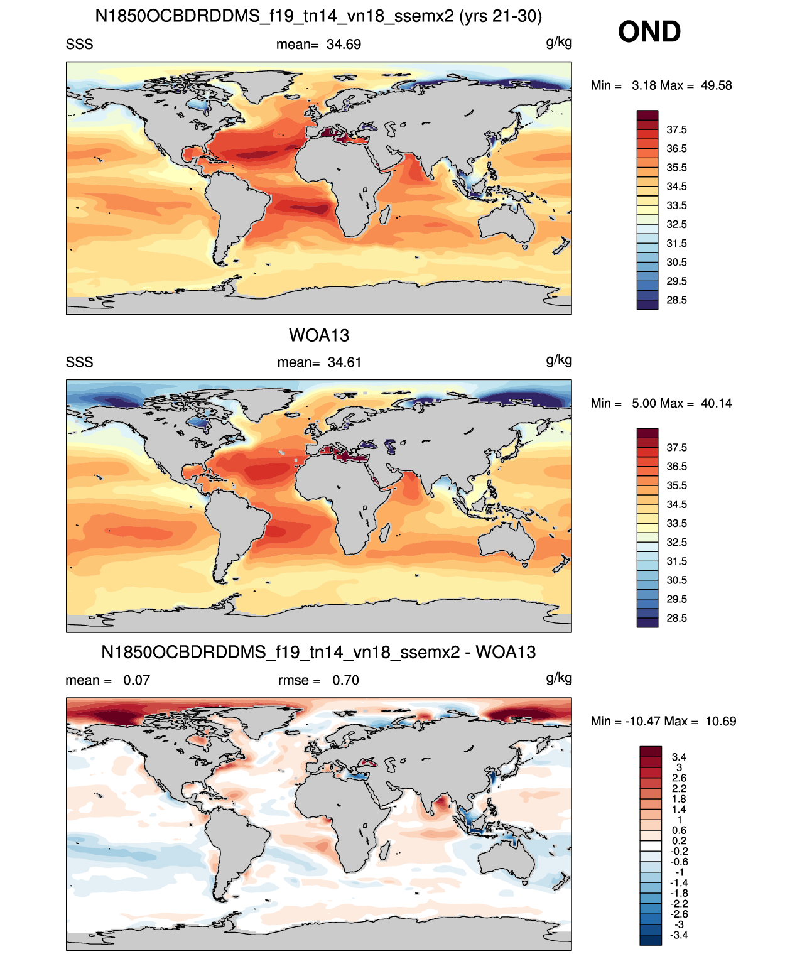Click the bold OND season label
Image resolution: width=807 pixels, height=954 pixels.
click(x=649, y=32)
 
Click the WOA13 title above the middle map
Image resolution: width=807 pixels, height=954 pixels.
click(x=319, y=335)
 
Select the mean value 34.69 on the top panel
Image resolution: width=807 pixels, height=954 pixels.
click(x=344, y=45)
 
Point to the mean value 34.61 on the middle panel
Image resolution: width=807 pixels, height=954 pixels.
click(x=344, y=362)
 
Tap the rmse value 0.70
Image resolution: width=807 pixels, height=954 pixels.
click(x=345, y=680)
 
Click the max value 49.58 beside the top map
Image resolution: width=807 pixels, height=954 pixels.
click(x=716, y=85)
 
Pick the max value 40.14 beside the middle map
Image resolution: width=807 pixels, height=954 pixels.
click(x=716, y=403)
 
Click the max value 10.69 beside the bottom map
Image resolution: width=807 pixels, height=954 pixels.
click(x=721, y=722)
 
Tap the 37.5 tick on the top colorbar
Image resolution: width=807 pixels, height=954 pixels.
click(x=676, y=130)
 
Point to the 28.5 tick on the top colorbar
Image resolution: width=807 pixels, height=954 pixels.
click(x=676, y=300)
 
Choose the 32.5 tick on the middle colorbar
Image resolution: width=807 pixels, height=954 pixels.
click(x=676, y=542)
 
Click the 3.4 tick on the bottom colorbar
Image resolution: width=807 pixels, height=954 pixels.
click(x=679, y=757)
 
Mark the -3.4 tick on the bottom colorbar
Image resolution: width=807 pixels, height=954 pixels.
click(x=679, y=935)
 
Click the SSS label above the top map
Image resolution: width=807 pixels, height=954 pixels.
click(x=79, y=45)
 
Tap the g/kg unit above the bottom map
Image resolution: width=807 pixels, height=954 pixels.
click(x=559, y=678)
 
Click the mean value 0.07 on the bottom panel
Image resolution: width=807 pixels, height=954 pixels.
click(x=136, y=680)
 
